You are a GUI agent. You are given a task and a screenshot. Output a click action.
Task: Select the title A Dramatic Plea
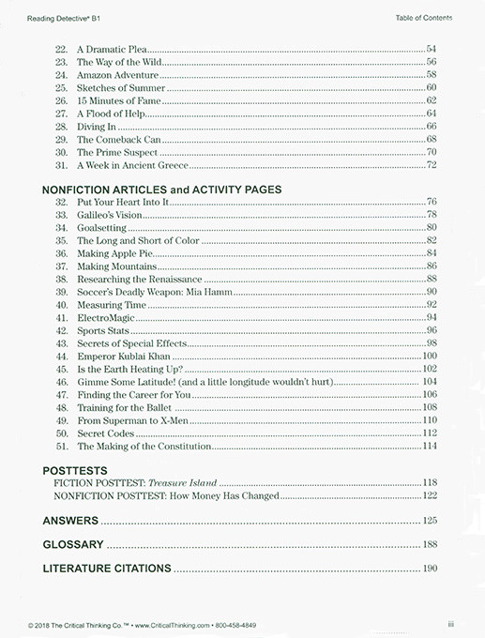click(108, 48)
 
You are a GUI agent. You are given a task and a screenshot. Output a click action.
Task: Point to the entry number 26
click(61, 100)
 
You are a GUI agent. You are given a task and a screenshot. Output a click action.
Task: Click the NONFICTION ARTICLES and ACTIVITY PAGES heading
click(161, 190)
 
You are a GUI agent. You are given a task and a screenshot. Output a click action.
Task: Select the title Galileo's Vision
click(110, 215)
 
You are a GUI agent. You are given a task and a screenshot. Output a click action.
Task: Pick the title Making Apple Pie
click(114, 253)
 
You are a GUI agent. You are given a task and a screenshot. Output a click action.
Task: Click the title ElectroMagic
click(105, 318)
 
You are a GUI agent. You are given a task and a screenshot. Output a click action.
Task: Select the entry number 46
click(61, 383)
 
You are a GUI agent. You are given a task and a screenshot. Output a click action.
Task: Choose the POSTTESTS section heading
click(75, 471)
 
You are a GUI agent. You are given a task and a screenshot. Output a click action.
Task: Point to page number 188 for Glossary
click(430, 545)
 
